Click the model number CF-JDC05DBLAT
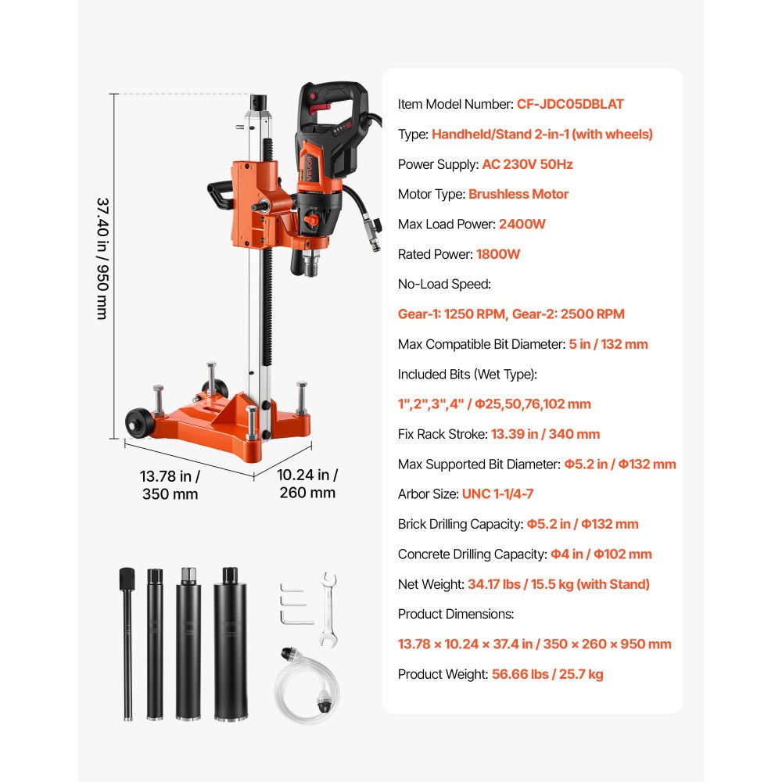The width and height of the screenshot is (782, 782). tap(570, 104)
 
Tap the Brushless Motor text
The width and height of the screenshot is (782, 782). tap(518, 194)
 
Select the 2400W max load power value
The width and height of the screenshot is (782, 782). tap(522, 224)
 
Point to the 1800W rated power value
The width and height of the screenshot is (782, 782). tap(497, 254)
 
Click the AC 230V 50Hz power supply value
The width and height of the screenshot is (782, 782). tap(527, 164)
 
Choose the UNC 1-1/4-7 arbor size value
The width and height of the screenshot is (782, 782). tap(497, 493)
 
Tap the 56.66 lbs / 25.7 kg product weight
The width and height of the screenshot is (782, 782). tap(547, 674)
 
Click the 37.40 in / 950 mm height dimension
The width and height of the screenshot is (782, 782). tap(102, 258)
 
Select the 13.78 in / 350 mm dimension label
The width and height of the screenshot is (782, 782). tap(170, 485)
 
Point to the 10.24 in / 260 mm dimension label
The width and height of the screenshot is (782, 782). tap(307, 483)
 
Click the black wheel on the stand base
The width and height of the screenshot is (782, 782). tap(140, 422)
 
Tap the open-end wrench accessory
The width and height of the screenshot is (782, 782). tap(328, 610)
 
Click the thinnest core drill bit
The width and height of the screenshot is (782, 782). tap(127, 644)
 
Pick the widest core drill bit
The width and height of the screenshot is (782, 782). tap(230, 644)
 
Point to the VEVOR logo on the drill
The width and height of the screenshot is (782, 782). tap(310, 168)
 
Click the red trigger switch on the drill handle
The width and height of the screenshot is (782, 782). tap(320, 106)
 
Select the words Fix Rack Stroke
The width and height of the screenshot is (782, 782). tap(442, 434)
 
